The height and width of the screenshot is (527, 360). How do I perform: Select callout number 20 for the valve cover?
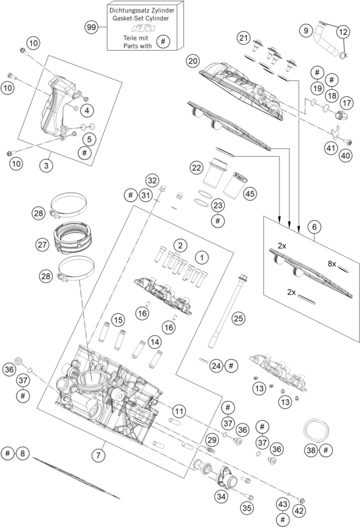193,60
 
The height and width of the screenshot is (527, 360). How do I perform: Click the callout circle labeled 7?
98,455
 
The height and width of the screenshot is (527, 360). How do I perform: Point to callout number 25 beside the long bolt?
238,318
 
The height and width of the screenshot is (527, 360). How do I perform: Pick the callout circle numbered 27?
43,244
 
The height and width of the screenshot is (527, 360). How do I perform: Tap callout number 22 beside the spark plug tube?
196,168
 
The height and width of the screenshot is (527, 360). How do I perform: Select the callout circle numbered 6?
315,226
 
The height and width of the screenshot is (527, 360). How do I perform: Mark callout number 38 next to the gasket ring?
311,450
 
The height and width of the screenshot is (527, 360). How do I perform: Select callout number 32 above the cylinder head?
152,181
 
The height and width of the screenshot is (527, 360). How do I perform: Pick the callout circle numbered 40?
345,156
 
